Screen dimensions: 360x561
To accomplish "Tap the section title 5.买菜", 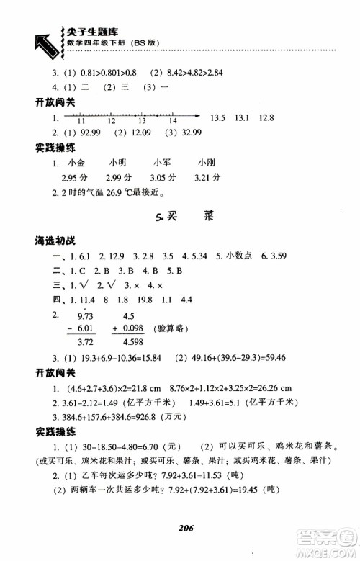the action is point(183,215).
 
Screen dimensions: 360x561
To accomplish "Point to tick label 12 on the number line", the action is point(112,122).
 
